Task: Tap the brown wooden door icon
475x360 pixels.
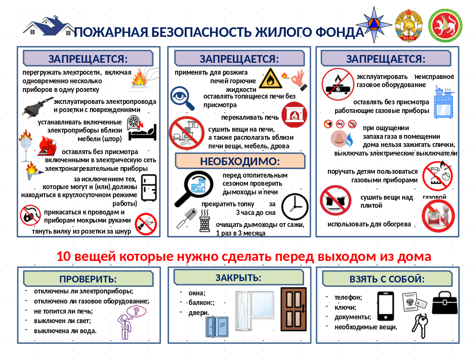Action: tap(293, 309)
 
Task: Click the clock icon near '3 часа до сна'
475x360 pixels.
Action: tap(295, 206)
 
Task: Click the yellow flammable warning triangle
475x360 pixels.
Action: tap(271, 78)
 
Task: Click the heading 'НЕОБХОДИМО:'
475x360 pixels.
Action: tap(239, 161)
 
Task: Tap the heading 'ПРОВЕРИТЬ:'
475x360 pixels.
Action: tap(88, 279)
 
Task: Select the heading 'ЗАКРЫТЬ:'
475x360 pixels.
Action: tap(238, 278)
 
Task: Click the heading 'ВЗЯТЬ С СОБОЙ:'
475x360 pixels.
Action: tap(387, 279)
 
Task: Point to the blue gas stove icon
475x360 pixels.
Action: tap(443, 102)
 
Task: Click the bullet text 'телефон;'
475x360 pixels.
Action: tap(348, 297)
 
